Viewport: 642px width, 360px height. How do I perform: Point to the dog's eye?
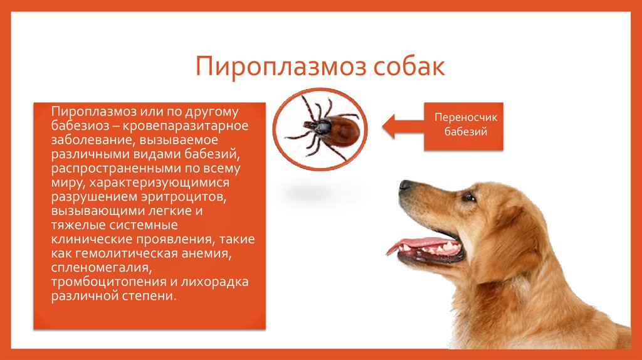[468, 197]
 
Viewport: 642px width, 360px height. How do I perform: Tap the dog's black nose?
[406, 186]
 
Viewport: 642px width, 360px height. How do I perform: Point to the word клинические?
[90, 239]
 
